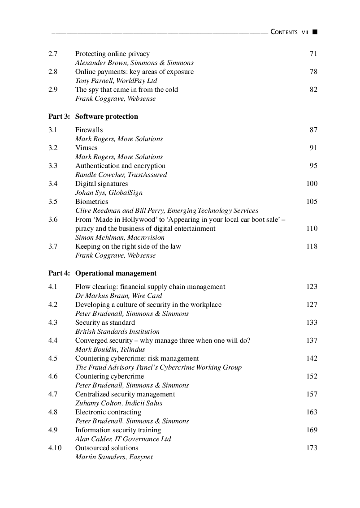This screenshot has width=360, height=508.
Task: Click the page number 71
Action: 313,54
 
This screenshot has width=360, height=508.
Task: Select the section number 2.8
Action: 53,72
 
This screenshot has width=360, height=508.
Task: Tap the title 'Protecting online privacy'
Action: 112,54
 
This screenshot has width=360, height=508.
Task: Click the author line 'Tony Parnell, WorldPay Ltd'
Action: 116,81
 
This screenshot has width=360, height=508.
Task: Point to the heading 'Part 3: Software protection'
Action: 93,116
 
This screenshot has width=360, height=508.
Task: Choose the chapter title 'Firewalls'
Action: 89,130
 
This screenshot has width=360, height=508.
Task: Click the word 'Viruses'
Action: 86,148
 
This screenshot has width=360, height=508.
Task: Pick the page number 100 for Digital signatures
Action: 312,184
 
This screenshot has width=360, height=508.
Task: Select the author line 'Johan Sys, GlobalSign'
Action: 109,193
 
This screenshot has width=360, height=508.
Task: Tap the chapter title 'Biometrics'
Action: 91,202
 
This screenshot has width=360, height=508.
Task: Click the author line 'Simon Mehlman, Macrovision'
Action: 120,237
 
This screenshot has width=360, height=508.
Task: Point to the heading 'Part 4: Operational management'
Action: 103,273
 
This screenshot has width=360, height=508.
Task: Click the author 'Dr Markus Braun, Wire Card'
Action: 118,296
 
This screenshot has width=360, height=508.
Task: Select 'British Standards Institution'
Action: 117,331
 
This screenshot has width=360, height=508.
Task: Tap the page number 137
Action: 312,340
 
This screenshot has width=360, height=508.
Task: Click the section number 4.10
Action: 55,448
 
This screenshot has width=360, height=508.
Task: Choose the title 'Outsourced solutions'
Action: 107,448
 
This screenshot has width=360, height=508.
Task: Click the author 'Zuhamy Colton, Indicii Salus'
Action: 118,403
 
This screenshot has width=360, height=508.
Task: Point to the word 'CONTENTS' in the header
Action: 284,32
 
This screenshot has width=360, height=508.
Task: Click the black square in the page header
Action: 315,32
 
